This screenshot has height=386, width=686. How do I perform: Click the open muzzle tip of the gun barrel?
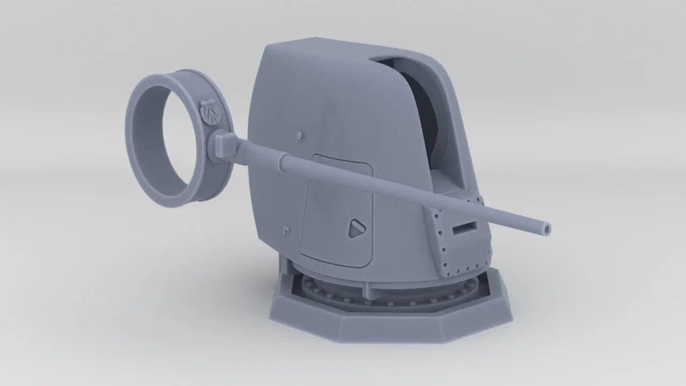546,229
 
